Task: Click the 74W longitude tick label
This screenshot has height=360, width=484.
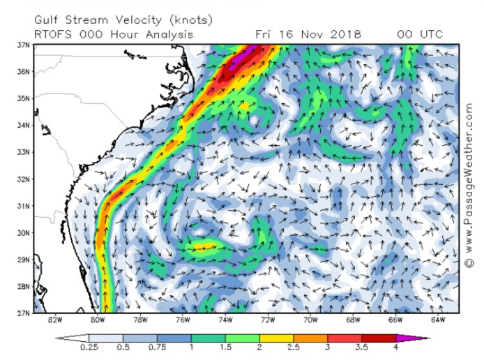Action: [225, 320]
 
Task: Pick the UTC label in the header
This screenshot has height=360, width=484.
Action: [430, 33]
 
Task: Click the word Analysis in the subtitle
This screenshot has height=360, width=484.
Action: [168, 33]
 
